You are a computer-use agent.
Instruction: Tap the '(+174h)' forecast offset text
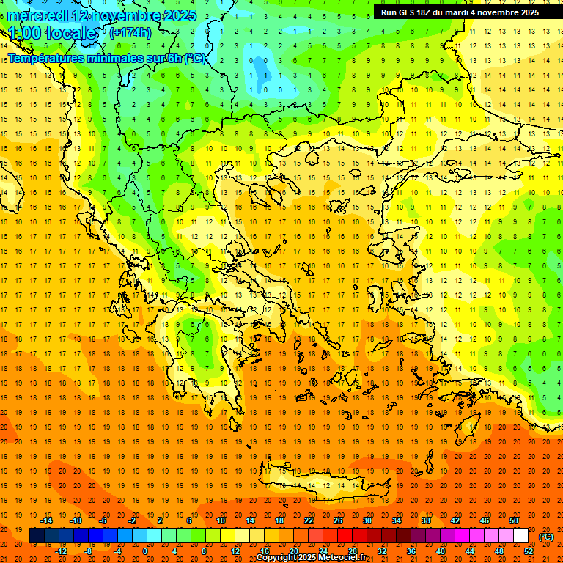[130, 32]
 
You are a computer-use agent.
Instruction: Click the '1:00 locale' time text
[52, 33]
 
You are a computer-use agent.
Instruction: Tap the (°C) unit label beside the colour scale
[546, 537]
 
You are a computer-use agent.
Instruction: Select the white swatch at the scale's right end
[520, 536]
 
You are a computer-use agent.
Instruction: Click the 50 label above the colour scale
[513, 520]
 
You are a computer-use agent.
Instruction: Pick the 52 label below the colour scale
[528, 551]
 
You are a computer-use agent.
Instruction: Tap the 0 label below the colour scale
[145, 551]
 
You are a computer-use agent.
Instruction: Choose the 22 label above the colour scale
[309, 520]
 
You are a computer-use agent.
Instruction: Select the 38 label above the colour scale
[426, 520]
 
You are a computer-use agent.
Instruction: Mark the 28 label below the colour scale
[352, 551]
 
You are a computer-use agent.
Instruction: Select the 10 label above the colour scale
[221, 520]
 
